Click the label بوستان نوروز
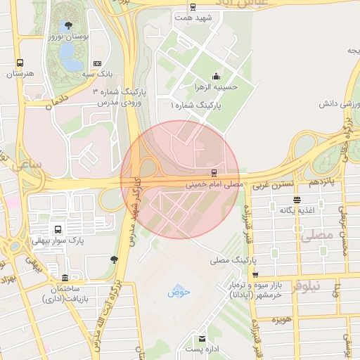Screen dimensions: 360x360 pyautogui.click(x=67, y=36)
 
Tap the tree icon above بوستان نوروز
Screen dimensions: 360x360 pyautogui.click(x=67, y=25)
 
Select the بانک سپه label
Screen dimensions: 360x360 pyautogui.click(x=97, y=73)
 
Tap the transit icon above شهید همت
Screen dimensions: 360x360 pyautogui.click(x=193, y=8)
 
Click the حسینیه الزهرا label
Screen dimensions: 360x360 pyautogui.click(x=215, y=87)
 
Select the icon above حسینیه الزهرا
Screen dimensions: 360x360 pyautogui.click(x=215, y=77)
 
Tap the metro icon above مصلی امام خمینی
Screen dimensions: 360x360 pyautogui.click(x=213, y=172)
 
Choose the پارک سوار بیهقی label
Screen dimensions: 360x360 pyautogui.click(x=57, y=240)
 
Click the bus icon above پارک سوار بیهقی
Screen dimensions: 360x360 pyautogui.click(x=57, y=229)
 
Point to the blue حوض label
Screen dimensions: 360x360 pyautogui.click(x=174, y=292)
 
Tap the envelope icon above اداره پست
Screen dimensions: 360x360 pyautogui.click(x=202, y=337)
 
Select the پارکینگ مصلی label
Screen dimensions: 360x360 pyautogui.click(x=229, y=260)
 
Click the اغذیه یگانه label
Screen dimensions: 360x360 pyautogui.click(x=296, y=210)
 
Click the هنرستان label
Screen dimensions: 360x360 pyautogui.click(x=20, y=73)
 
